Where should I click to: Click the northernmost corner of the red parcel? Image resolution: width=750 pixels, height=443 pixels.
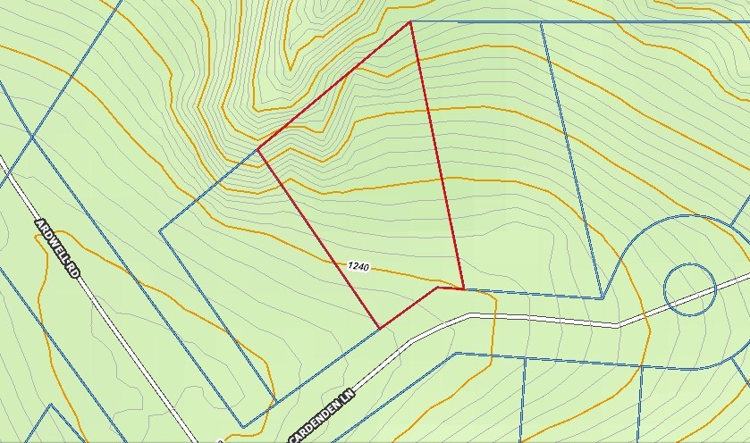410,21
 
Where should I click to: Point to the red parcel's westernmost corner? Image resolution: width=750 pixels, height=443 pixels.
258,148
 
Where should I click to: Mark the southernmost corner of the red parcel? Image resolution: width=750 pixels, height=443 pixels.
380,328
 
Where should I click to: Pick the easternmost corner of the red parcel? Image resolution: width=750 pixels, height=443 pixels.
463,289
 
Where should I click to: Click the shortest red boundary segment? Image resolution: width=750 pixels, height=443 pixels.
450,288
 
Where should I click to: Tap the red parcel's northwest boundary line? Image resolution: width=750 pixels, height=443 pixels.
334,85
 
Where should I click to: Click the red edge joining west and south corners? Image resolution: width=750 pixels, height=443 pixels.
319,238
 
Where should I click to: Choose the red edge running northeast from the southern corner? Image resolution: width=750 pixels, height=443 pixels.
409,307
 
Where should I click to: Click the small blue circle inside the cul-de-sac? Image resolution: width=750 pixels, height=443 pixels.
690,288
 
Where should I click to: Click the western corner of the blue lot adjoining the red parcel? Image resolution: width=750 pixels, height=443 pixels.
160,230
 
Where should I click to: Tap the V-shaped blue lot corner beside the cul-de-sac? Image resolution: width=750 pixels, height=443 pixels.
603,298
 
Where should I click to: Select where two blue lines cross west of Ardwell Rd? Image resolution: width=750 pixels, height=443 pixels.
32,135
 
